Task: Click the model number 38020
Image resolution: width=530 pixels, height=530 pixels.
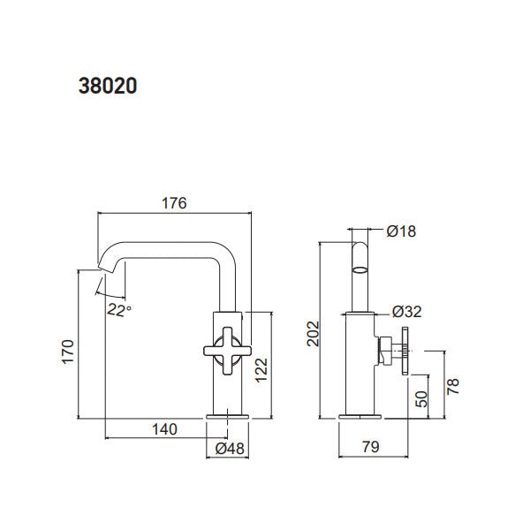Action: [107, 87]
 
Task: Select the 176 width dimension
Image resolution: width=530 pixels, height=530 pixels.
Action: [174, 203]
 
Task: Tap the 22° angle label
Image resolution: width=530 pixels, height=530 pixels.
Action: [119, 308]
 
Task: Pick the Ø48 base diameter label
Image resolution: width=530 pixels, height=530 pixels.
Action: [230, 449]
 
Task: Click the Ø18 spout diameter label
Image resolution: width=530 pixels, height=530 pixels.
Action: [401, 232]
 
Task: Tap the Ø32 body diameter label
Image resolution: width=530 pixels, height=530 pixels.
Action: [405, 312]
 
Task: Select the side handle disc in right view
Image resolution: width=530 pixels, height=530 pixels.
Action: [405, 351]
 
